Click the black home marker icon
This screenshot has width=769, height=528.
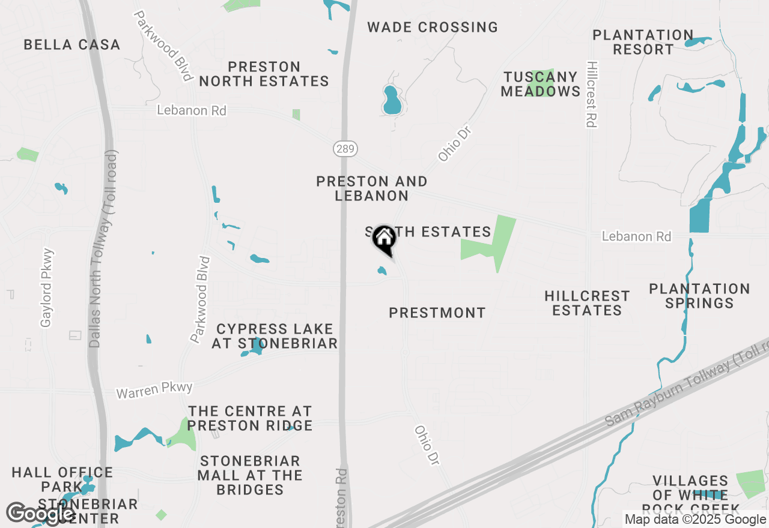(384, 241)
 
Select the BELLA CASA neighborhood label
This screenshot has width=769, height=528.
(72, 44)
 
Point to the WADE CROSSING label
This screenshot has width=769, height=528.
(433, 27)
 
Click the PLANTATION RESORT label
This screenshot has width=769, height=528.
(643, 42)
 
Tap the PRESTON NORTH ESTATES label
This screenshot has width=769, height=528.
(264, 74)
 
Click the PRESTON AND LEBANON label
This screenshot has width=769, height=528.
(372, 188)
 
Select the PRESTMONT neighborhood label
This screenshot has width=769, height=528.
(437, 313)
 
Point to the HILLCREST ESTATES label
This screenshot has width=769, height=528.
(587, 303)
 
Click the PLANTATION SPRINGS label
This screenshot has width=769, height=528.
(699, 296)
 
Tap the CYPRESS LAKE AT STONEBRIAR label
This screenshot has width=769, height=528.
(275, 336)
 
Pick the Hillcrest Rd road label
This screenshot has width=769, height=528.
(591, 94)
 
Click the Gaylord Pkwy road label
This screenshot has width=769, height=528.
(47, 289)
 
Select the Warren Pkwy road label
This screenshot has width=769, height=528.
(154, 390)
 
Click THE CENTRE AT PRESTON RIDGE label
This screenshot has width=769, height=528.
(250, 418)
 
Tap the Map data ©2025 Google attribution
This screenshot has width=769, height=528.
(695, 520)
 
